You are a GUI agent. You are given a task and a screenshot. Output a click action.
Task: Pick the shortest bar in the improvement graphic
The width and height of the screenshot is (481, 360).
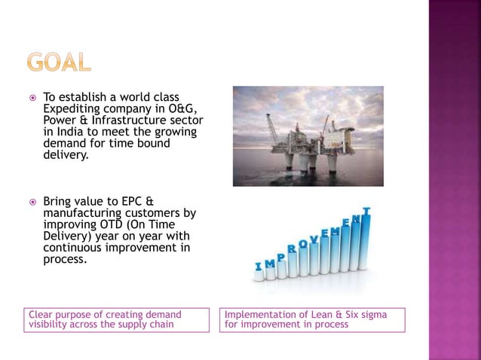click(259, 276)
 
